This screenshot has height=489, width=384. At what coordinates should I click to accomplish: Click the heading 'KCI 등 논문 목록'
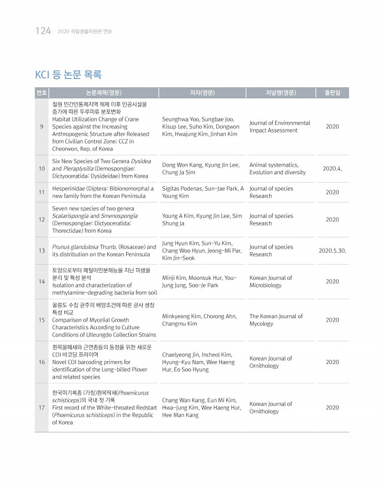(x=68, y=75)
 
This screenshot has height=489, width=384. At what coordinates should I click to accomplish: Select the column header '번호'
(x=42, y=92)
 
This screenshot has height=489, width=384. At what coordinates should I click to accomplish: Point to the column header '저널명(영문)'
(x=280, y=92)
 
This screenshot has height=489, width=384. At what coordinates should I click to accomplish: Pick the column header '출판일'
(x=332, y=92)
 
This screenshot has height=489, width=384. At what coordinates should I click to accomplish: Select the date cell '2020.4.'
(x=333, y=168)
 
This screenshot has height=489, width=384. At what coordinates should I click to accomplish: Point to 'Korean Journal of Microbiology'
(x=270, y=282)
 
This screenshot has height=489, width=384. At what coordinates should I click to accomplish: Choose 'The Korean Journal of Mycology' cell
(x=276, y=320)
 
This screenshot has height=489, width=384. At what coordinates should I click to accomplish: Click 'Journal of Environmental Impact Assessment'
(x=279, y=127)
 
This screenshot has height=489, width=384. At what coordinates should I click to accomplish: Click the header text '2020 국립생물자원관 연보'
(x=85, y=31)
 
